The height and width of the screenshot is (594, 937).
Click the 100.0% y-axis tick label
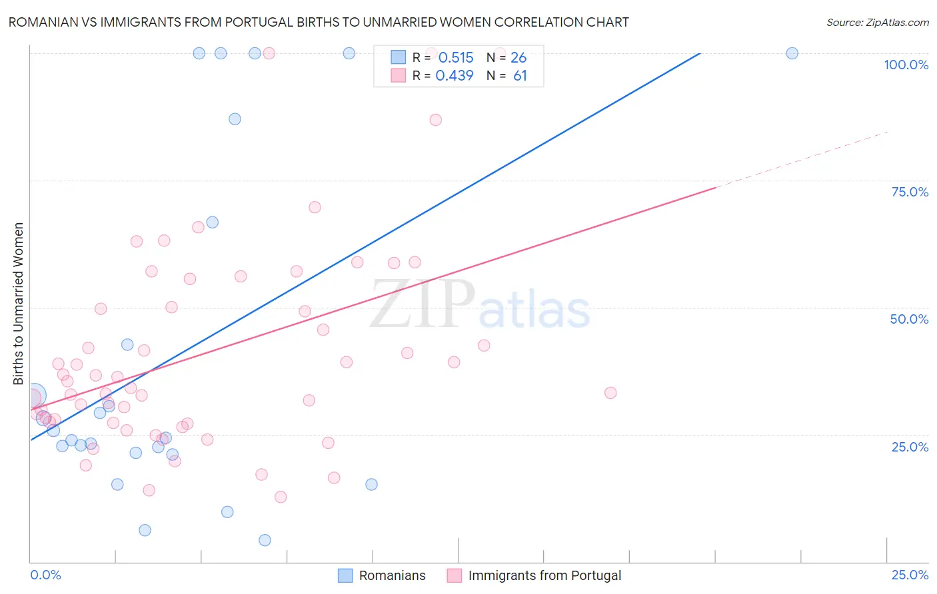(x=906, y=65)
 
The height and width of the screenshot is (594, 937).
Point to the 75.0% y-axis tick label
(x=910, y=192)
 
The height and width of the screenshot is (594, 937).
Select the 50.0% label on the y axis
(x=909, y=319)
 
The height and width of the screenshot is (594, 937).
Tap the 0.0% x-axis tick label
(x=45, y=575)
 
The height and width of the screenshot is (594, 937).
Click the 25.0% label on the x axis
(x=910, y=575)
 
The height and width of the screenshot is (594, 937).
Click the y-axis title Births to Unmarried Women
(x=19, y=304)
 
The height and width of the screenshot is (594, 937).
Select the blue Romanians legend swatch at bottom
(x=345, y=575)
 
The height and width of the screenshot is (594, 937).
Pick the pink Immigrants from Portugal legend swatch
(x=455, y=575)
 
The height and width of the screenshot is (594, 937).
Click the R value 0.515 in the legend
(x=456, y=57)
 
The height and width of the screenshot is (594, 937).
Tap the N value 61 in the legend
(x=520, y=76)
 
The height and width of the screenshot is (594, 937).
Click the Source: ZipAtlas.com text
(x=877, y=23)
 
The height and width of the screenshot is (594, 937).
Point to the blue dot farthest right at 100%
(x=792, y=53)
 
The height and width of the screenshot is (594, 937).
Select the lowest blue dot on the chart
(x=265, y=540)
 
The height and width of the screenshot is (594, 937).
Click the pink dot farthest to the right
(x=610, y=393)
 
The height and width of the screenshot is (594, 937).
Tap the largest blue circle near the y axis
(x=34, y=396)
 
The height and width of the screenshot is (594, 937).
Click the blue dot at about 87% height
(x=235, y=119)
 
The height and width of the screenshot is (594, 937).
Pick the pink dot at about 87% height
(x=435, y=120)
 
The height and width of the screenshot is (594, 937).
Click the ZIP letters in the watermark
(x=422, y=304)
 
